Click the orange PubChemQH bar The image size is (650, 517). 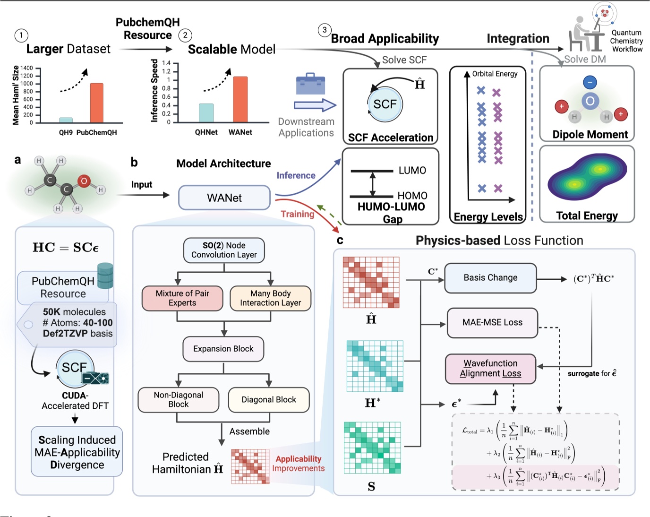(x=97, y=103)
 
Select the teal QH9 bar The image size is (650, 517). (x=66, y=120)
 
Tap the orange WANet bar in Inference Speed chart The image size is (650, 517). (x=240, y=99)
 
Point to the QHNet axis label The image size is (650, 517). (x=206, y=132)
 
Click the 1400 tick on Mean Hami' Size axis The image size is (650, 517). (x=27, y=68)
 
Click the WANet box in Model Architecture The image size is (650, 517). (x=224, y=198)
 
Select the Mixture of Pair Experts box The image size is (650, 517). (x=182, y=298)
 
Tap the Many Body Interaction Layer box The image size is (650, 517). (x=270, y=298)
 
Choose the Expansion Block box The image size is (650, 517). (x=223, y=349)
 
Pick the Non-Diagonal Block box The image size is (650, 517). (x=179, y=400)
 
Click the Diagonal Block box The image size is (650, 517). (x=269, y=400)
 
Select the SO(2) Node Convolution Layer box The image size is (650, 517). (x=224, y=250)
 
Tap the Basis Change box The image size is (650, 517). (x=490, y=278)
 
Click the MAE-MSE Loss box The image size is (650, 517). (x=492, y=323)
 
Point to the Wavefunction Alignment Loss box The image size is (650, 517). (x=490, y=369)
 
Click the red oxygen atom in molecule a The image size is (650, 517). (x=84, y=181)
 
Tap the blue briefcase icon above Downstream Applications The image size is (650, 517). (x=310, y=84)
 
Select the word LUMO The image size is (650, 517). (x=412, y=171)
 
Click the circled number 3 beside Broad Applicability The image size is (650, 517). (x=325, y=30)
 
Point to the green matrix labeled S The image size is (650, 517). (x=372, y=448)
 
